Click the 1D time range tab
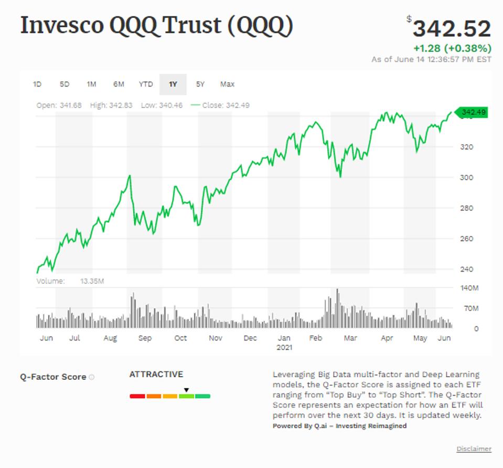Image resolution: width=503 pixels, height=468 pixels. (x=37, y=84)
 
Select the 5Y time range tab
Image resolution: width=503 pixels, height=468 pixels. (x=200, y=84)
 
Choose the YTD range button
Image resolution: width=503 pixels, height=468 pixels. (x=146, y=84)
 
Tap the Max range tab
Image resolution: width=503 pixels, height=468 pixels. (x=227, y=84)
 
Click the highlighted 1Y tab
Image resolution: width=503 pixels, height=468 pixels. (x=173, y=84)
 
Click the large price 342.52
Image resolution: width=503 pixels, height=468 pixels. (x=452, y=28)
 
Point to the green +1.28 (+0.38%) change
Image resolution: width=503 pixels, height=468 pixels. (x=452, y=48)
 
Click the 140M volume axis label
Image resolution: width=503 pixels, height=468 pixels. (x=469, y=288)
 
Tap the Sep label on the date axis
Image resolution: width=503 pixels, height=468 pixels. (x=145, y=338)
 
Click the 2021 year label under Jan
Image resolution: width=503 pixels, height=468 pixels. (x=284, y=347)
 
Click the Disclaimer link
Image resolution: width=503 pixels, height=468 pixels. (x=474, y=449)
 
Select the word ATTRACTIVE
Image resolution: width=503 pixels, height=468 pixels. (x=156, y=374)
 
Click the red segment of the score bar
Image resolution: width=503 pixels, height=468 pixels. (x=137, y=396)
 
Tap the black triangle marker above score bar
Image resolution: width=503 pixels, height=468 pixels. (x=186, y=390)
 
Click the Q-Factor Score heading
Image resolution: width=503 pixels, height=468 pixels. (x=53, y=377)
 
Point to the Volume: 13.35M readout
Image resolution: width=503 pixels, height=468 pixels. (x=70, y=281)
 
